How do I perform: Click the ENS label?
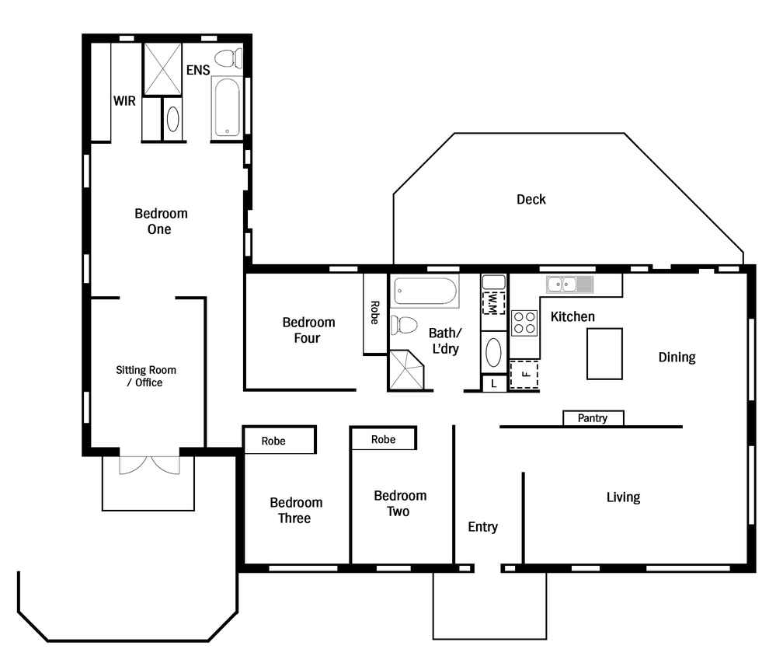click(x=198, y=70)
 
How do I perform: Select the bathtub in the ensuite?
click(x=227, y=108)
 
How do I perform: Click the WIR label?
click(x=124, y=101)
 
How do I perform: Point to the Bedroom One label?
click(x=161, y=221)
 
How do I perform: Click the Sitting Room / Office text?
click(x=146, y=376)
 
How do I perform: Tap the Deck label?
click(x=531, y=199)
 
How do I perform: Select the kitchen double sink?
click(x=570, y=284)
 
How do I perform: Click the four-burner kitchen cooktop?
click(x=524, y=323)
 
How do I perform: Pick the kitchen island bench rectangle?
click(x=604, y=354)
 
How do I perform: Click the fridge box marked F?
click(x=524, y=375)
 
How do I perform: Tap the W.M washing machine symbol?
click(x=493, y=303)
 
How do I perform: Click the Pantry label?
click(x=593, y=417)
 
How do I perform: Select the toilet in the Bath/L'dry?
click(x=403, y=325)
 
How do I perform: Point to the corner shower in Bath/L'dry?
click(x=406, y=370)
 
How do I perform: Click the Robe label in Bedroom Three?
click(x=273, y=441)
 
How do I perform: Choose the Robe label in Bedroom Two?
click(x=383, y=440)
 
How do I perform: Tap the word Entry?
click(x=482, y=527)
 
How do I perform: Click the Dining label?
click(x=677, y=358)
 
